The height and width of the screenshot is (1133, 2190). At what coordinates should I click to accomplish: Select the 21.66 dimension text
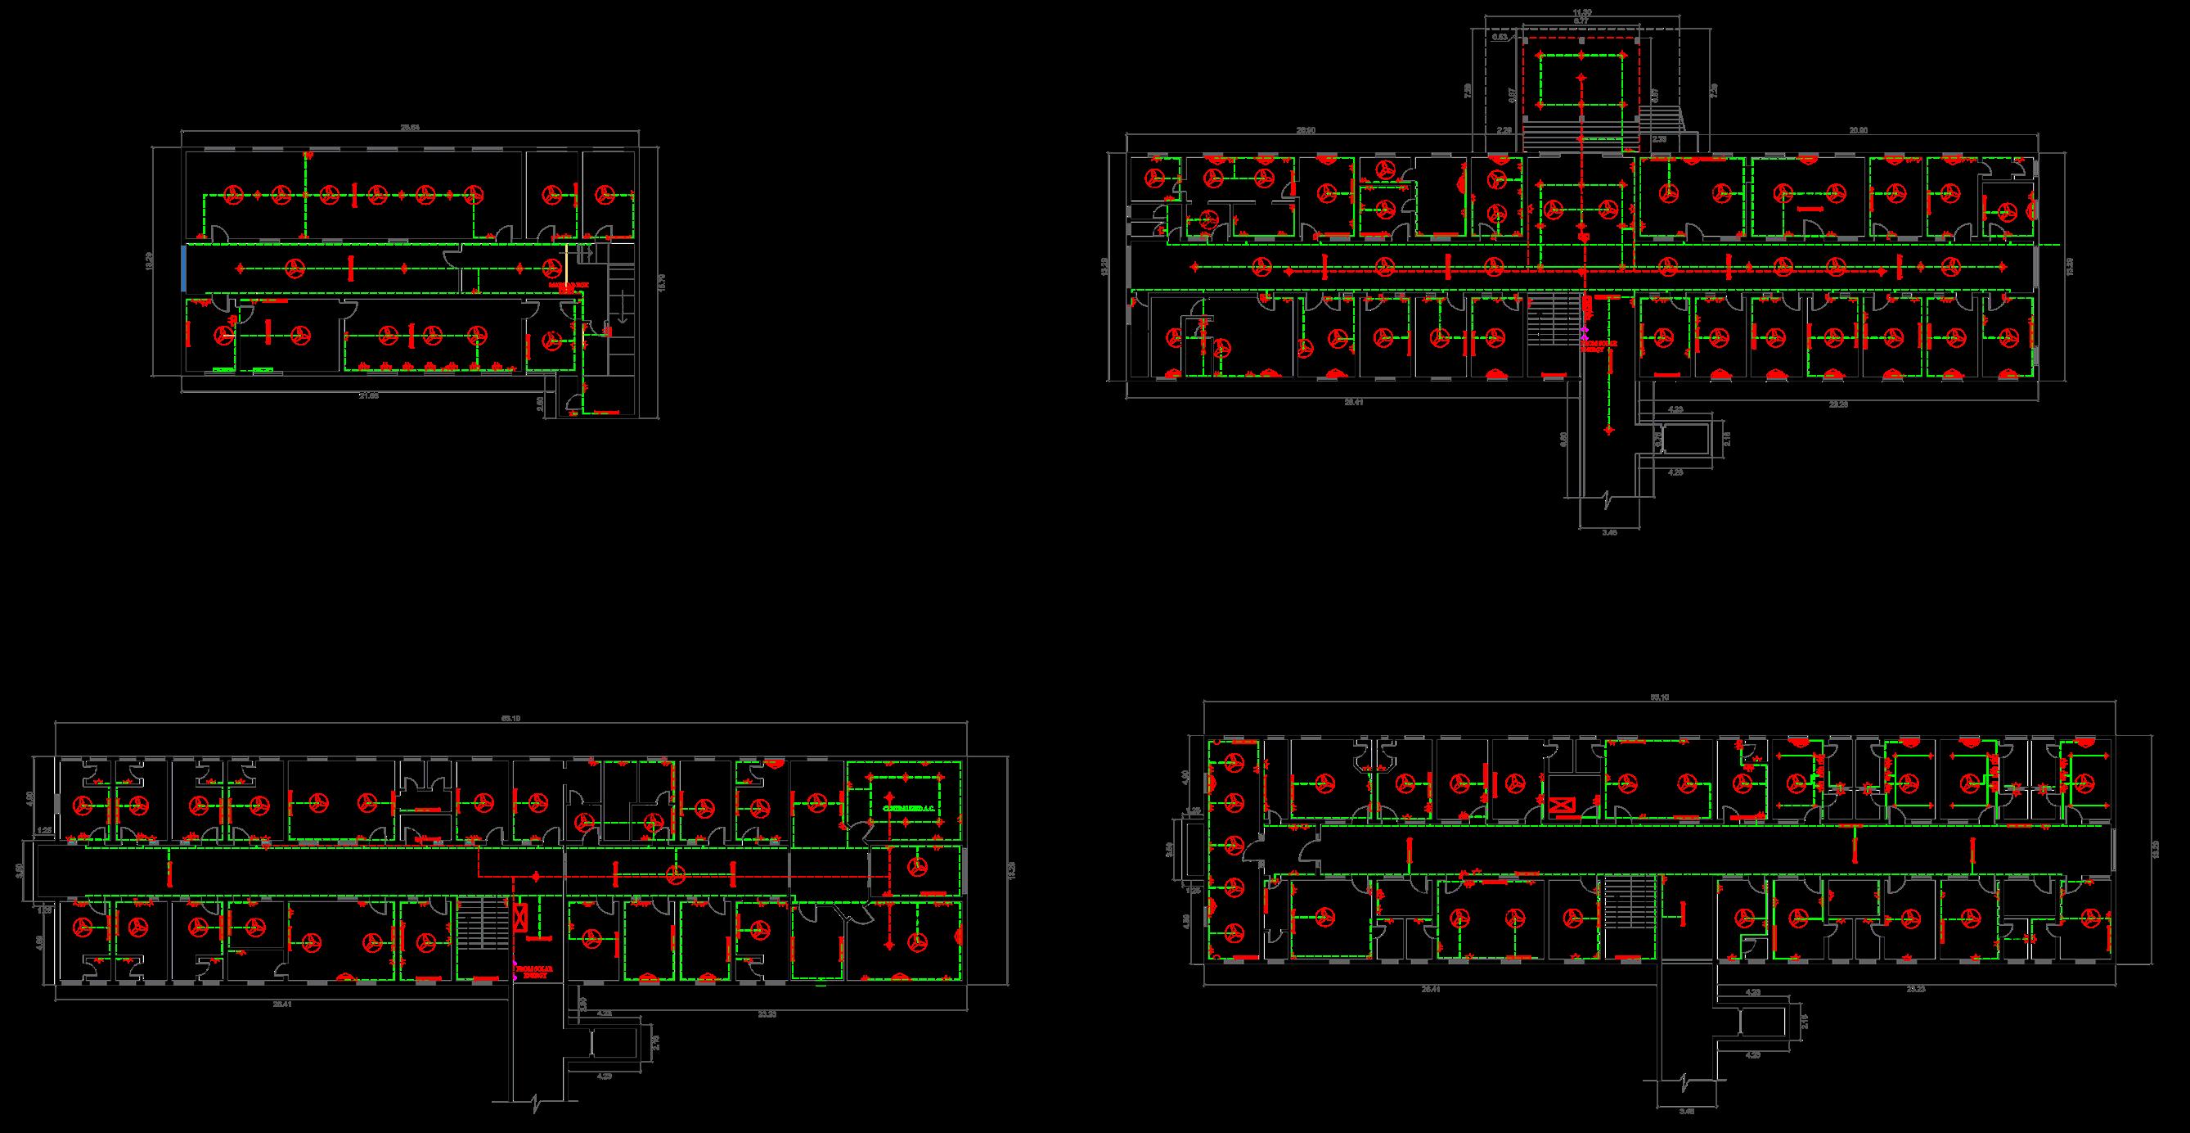point(368,395)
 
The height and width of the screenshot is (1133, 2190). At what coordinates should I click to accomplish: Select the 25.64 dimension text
point(411,128)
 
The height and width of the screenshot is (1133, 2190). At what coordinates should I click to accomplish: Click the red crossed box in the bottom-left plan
point(520,917)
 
